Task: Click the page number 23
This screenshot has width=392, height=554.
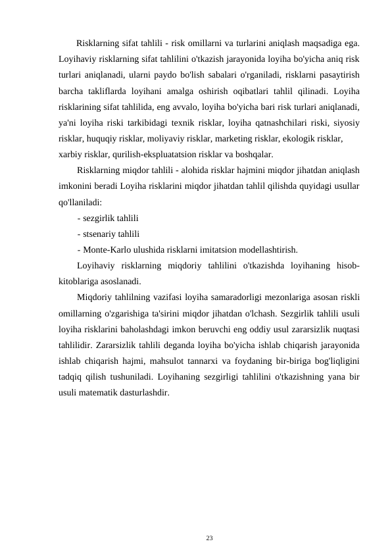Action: [x=209, y=538]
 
